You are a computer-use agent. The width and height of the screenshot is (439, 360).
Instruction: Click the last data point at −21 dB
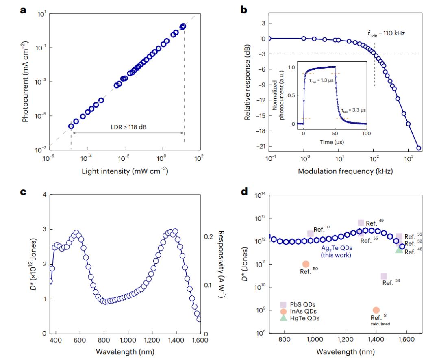[x=419, y=148]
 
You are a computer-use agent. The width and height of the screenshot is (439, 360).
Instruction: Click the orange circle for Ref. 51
[x=376, y=310]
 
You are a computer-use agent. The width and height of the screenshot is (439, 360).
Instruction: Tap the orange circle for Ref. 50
[x=306, y=264]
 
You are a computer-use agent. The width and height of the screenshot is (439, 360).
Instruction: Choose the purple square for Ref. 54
[x=384, y=276]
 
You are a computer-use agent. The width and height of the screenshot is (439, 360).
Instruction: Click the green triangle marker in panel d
[x=399, y=249]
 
